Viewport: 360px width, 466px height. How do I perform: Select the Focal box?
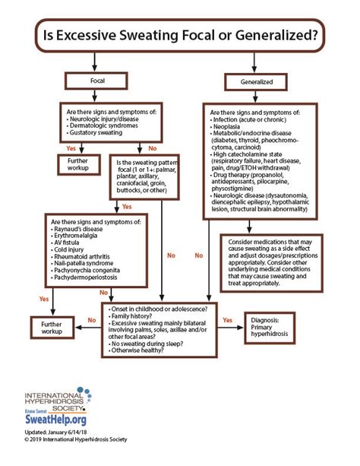92,79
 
